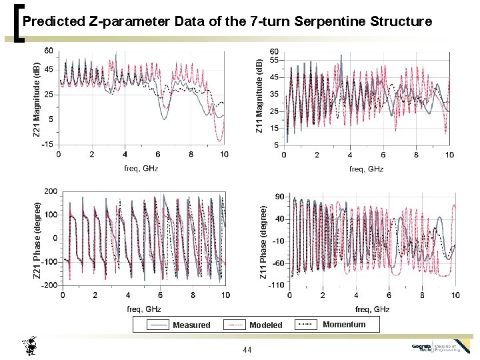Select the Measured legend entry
pyautogui.click(x=191, y=325)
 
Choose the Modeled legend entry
pyautogui.click(x=265, y=325)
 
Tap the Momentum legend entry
pyautogui.click(x=344, y=325)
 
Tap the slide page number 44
pyautogui.click(x=247, y=350)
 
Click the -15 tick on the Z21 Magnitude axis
pyautogui.click(x=47, y=144)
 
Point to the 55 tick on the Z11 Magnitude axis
pyautogui.click(x=274, y=61)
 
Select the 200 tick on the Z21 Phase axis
pyautogui.click(x=50, y=192)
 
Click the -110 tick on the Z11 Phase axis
pyautogui.click(x=277, y=285)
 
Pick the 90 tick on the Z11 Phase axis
pyautogui.click(x=280, y=196)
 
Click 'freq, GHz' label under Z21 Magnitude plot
pyautogui.click(x=141, y=168)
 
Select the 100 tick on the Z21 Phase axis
pyautogui.click(x=50, y=215)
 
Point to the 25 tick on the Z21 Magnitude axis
pyautogui.click(x=49, y=94)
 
